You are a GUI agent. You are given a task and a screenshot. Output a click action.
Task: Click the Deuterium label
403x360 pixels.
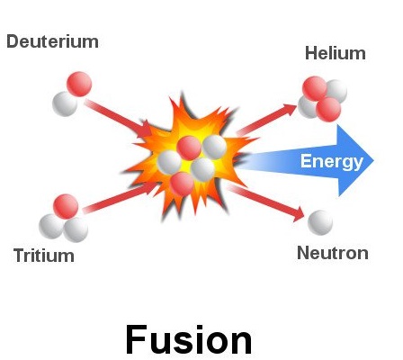pos(52,41)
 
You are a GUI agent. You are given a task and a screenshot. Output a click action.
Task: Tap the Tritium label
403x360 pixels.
pos(44,256)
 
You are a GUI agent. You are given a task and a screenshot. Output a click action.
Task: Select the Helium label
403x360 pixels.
pos(336,53)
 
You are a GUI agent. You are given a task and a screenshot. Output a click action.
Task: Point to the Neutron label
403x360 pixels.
pos(333,253)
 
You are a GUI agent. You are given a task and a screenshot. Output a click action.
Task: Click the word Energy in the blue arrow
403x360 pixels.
pos(332,162)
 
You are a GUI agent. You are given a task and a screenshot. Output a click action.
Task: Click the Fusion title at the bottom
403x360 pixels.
pos(189,340)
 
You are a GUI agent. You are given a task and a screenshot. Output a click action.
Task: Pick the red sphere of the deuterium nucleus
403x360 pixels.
pos(79,84)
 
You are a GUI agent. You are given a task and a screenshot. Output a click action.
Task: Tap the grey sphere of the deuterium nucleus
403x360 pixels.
pos(65,103)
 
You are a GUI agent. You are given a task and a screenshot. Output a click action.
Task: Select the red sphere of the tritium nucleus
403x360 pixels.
pos(66,207)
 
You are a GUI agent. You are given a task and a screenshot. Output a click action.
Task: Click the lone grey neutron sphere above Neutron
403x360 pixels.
pos(320,222)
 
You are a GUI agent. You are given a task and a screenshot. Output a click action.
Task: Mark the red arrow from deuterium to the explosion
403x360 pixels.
pos(118,118)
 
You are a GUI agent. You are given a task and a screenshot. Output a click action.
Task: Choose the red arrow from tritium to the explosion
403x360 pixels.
pos(120,197)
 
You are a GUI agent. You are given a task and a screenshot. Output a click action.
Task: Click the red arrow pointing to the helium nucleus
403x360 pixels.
pos(267,120)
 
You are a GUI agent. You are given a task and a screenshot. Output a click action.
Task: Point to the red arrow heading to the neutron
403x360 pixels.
pos(266,203)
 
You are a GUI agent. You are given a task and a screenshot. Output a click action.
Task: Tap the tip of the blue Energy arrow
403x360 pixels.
pos(374,160)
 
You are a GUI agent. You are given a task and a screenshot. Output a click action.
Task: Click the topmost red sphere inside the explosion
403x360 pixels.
pos(189,148)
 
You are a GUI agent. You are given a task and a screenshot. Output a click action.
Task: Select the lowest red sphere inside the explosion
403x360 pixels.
pos(183,184)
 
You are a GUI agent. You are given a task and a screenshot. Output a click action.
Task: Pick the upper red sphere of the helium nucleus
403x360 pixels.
pos(315,89)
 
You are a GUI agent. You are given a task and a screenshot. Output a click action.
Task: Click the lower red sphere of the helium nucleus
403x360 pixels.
pos(328,110)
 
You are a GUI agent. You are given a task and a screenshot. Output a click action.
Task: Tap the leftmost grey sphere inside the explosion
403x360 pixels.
pos(169,162)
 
